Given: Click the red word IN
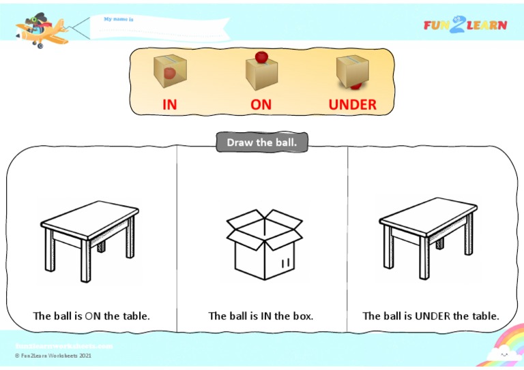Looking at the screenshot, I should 169,105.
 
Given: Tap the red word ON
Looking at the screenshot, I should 261,105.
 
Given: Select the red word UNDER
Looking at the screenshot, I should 352,105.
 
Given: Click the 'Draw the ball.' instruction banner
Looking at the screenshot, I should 262,142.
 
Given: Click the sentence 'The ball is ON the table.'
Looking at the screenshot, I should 91,316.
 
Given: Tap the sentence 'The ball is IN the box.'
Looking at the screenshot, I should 261,316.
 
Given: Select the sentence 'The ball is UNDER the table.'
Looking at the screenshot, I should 431,316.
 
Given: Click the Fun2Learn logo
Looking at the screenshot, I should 465,25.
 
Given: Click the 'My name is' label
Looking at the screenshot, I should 119,20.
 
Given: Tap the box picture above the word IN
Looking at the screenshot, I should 170,71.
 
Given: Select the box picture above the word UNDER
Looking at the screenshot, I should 352,72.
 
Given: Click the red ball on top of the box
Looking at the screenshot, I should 261,57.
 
